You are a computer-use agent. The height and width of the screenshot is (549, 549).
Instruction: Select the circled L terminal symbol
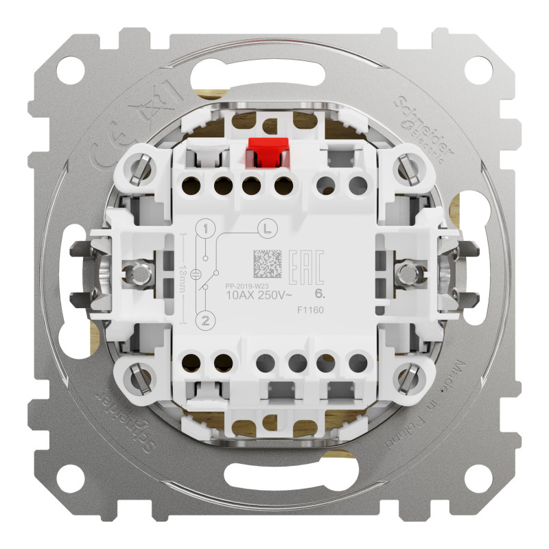click(265, 227)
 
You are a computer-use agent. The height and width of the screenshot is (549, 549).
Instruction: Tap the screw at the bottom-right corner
click(414, 377)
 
